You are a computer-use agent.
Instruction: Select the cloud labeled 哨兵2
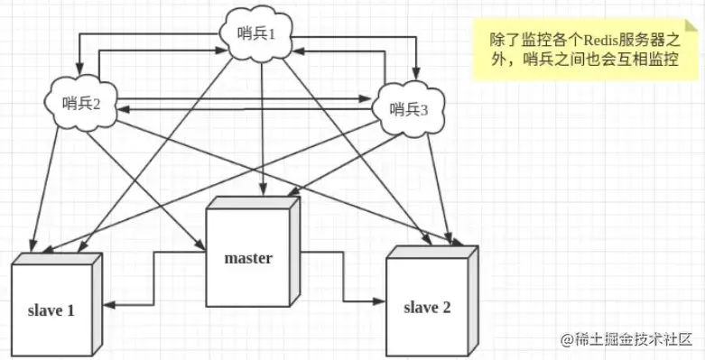tap(80, 101)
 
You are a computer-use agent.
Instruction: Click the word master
tap(248, 258)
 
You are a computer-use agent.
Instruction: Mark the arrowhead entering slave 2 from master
tap(379, 300)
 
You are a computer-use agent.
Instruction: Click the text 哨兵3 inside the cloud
tap(410, 109)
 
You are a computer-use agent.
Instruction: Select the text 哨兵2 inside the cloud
tap(80, 102)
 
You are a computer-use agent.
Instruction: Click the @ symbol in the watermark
tap(567, 341)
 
